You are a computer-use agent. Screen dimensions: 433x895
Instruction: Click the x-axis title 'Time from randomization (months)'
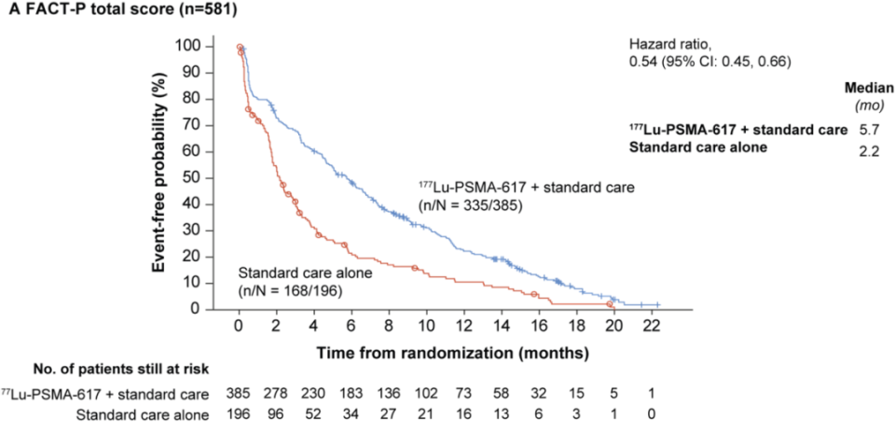click(x=450, y=353)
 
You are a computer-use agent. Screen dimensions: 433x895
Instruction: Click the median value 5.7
click(x=866, y=129)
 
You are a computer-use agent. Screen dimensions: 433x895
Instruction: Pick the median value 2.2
click(x=866, y=147)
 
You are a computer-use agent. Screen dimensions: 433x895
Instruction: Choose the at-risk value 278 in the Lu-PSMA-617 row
click(x=276, y=394)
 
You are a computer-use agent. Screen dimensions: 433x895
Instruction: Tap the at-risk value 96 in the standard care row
click(x=276, y=412)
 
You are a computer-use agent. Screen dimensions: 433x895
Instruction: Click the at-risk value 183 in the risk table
click(x=351, y=394)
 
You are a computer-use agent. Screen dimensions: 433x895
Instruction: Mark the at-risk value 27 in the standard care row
click(x=389, y=412)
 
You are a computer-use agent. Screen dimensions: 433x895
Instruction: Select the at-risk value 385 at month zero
click(x=239, y=394)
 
